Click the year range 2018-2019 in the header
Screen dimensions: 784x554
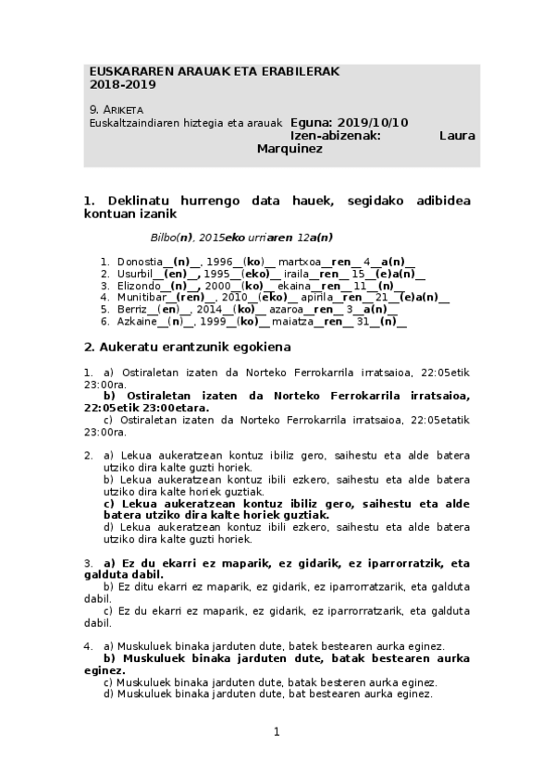123,84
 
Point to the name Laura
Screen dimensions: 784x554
456,135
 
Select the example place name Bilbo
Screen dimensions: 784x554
164,238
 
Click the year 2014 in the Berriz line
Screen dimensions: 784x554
209,310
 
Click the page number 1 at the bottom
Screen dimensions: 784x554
277,732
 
